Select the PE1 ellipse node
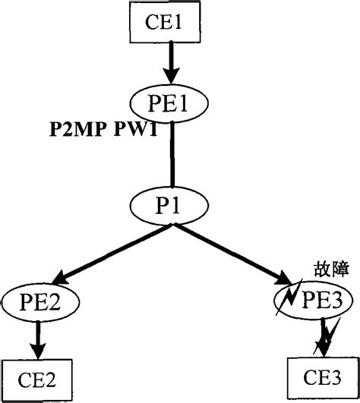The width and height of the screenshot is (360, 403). (173, 103)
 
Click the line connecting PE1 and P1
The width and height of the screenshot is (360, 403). (173, 156)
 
